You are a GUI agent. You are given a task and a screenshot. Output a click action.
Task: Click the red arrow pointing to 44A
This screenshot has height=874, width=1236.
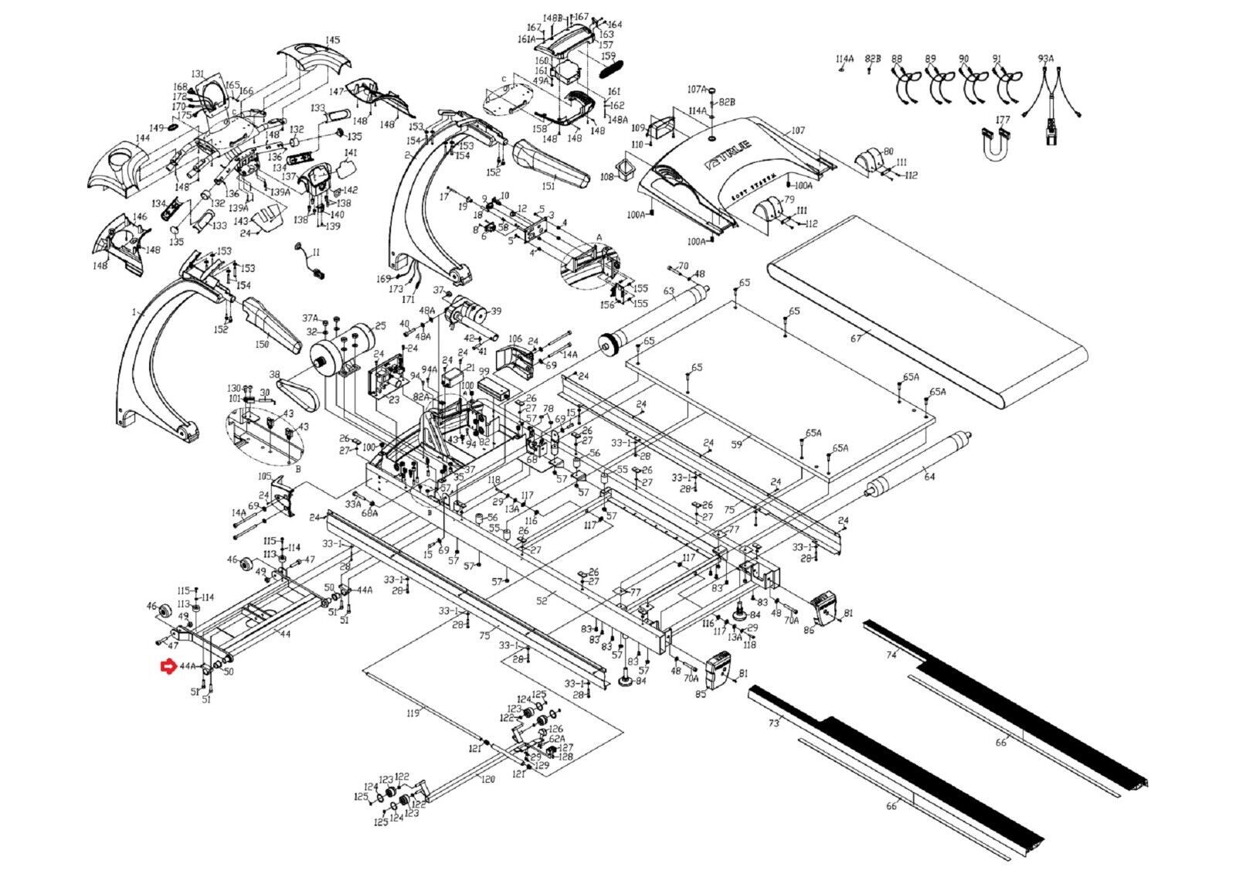click(167, 666)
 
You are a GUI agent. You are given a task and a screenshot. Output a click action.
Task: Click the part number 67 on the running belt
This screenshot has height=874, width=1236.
click(856, 338)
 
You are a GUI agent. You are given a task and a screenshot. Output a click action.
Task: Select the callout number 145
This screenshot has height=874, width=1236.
click(332, 40)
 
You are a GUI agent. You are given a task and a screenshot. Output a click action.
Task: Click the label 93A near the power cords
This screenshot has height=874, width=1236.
click(1045, 59)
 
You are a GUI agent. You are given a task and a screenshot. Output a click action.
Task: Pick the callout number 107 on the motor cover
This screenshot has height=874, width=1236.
click(798, 131)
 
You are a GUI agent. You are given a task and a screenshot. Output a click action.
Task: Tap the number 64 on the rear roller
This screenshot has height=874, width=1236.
click(929, 477)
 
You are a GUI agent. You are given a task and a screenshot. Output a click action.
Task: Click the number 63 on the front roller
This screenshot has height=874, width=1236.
click(669, 292)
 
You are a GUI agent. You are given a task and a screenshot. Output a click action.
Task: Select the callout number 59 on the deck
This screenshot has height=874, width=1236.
click(736, 444)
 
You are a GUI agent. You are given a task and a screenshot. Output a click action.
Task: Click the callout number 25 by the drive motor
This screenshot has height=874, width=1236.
click(380, 326)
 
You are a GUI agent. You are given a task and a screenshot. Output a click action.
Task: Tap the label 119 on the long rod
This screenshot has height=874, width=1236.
click(413, 712)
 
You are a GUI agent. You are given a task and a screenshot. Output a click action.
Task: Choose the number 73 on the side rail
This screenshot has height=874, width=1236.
click(774, 723)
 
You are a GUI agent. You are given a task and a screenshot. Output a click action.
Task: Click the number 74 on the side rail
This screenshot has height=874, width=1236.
click(891, 655)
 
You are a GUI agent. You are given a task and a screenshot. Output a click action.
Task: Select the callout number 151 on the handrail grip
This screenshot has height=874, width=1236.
click(548, 186)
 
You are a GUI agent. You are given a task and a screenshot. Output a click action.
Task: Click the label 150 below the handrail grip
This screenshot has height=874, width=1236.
click(262, 345)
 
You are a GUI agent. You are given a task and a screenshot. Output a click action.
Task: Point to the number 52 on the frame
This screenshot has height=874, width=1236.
click(542, 600)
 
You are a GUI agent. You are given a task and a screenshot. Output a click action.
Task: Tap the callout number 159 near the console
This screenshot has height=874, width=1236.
click(609, 56)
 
